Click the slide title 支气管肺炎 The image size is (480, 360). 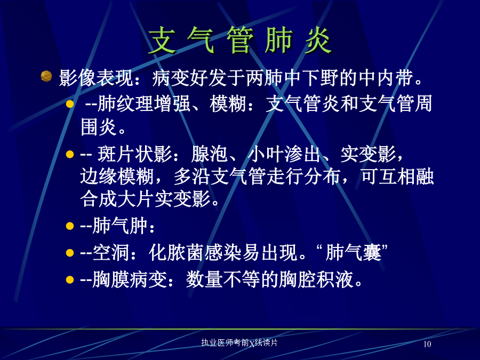pyautogui.click(x=240, y=40)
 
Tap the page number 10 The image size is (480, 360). pyautogui.click(x=427, y=344)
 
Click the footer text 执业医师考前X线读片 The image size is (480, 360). pyautogui.click(x=239, y=342)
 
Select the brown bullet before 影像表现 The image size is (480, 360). pyautogui.click(x=46, y=76)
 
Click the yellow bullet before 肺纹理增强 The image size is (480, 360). pyautogui.click(x=70, y=104)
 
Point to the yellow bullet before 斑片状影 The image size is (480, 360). pyautogui.click(x=70, y=154)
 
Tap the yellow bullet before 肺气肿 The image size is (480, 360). pyautogui.click(x=70, y=226)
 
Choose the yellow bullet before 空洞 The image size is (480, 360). pyautogui.click(x=70, y=253)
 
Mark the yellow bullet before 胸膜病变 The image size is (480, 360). pyautogui.click(x=70, y=279)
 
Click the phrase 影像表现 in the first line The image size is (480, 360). pyautogui.click(x=97, y=78)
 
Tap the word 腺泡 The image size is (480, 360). pyautogui.click(x=210, y=154)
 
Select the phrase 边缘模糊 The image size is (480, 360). pyautogui.click(x=117, y=177)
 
